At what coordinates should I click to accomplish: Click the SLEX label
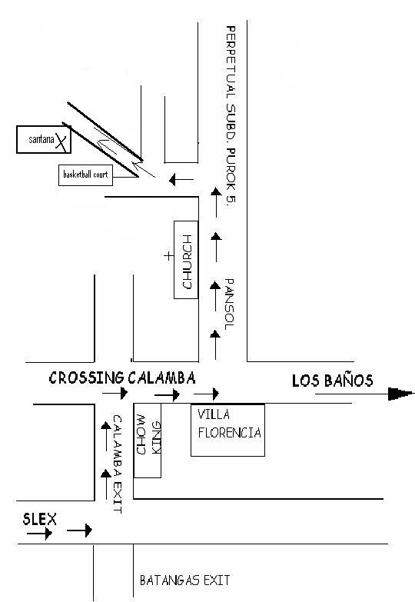tap(39, 519)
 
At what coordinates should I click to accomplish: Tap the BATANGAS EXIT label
tap(184, 580)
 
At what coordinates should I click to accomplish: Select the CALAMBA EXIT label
tap(118, 464)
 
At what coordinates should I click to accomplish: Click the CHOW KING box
tap(147, 441)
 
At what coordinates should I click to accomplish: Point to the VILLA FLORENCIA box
tap(227, 430)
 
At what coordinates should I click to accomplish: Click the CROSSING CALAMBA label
tap(122, 377)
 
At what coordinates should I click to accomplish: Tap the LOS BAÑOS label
tap(333, 381)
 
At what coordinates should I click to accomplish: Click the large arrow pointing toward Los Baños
tap(364, 394)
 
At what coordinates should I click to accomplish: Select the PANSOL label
tap(229, 304)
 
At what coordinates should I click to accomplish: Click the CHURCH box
tap(186, 260)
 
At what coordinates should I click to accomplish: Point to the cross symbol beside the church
tap(168, 256)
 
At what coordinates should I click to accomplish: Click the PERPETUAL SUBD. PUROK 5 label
tap(231, 114)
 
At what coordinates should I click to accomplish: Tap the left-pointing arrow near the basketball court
tap(181, 179)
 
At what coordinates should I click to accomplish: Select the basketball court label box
tap(85, 175)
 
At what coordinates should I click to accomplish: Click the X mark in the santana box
tap(61, 141)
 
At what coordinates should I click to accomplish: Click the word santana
tap(41, 139)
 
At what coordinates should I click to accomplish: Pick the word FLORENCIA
tap(230, 433)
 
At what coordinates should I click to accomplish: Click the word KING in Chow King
tap(156, 437)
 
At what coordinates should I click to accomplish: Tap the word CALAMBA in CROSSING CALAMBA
tap(161, 377)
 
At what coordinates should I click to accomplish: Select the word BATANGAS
tap(169, 580)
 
